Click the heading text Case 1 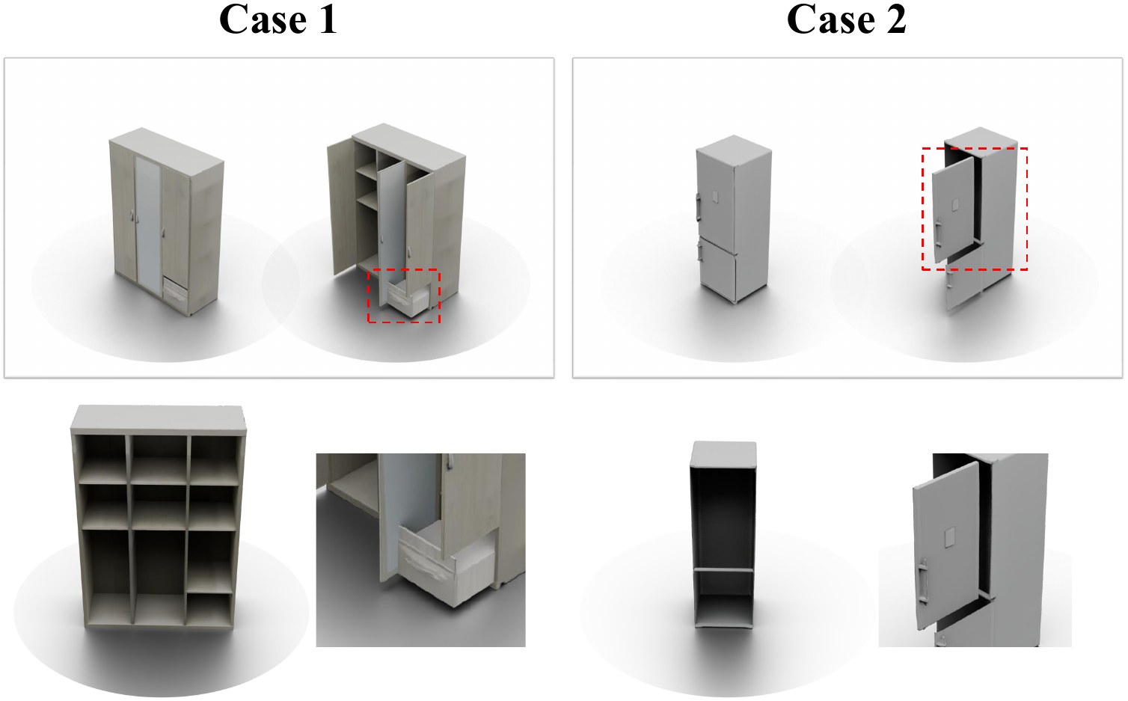[x=278, y=19]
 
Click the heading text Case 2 [x=846, y=19]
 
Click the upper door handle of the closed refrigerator [x=698, y=207]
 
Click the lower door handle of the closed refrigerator [x=699, y=251]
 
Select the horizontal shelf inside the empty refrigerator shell [x=723, y=570]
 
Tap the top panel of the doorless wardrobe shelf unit [x=159, y=419]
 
